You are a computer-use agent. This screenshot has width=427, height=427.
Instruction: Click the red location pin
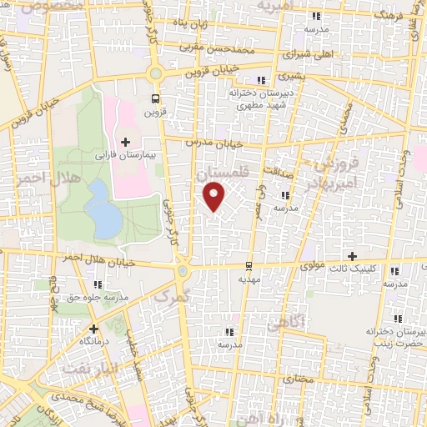[x=215, y=197]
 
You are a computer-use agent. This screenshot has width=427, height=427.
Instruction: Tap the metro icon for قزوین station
[x=154, y=98]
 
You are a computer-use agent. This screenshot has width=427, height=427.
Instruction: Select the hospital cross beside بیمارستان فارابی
[x=126, y=142]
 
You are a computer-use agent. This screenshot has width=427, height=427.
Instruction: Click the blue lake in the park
[x=103, y=209]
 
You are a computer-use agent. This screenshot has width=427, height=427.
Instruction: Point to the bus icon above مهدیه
[x=249, y=267]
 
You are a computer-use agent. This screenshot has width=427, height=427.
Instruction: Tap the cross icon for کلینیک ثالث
[x=352, y=256]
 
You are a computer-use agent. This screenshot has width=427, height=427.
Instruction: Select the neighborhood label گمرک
[x=173, y=297]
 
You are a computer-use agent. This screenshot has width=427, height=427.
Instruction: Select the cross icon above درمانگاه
[x=93, y=329]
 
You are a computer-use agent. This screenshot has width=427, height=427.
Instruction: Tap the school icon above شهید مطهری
[x=261, y=81]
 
